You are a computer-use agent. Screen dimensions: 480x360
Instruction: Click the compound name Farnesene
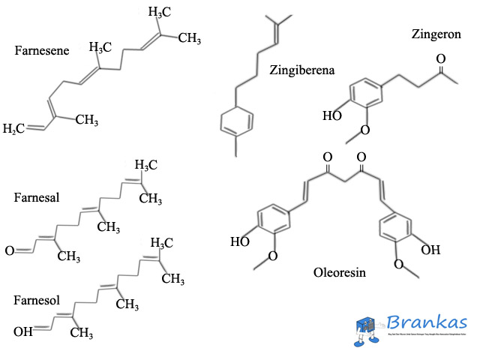coord(42,51)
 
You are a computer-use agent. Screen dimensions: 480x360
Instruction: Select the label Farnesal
coord(36,198)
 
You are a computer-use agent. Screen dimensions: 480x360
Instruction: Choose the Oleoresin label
coord(339,273)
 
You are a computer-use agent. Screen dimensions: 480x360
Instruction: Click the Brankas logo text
coord(427,323)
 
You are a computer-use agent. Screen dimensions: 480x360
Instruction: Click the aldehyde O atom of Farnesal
coord(10,250)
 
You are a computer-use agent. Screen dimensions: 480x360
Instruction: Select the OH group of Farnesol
coord(22,331)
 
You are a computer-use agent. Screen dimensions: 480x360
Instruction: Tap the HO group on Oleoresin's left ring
coord(240,241)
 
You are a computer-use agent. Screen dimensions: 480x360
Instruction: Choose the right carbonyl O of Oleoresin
coord(361,157)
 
